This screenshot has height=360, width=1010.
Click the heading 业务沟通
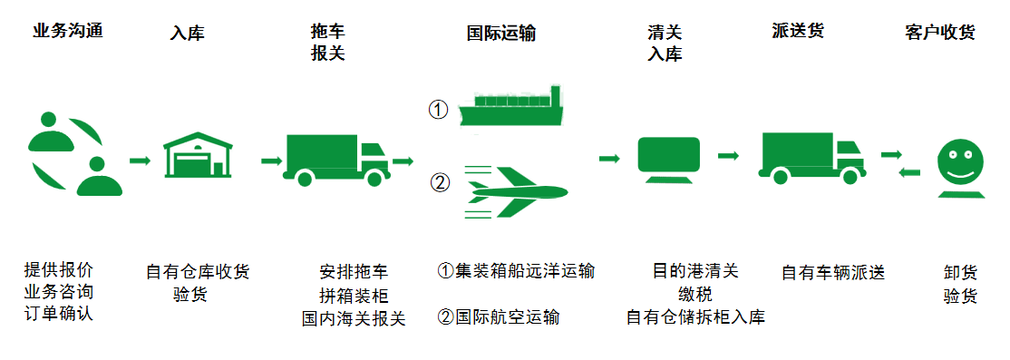click(x=67, y=31)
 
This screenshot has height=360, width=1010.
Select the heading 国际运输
click(x=500, y=34)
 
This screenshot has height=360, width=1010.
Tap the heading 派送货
click(x=798, y=31)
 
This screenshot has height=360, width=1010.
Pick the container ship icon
click(x=513, y=105)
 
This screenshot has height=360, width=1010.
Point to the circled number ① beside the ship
click(x=439, y=110)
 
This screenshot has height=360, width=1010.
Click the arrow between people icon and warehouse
click(x=140, y=161)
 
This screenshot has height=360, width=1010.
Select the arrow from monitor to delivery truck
click(x=728, y=156)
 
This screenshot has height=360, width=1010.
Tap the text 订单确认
click(x=59, y=315)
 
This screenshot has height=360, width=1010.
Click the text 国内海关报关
click(x=354, y=318)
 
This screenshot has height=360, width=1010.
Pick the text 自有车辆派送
click(x=832, y=271)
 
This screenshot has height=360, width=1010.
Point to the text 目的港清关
click(x=695, y=271)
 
